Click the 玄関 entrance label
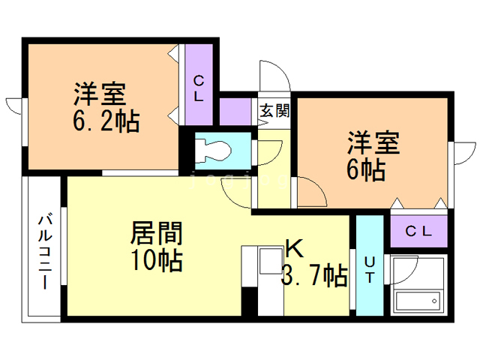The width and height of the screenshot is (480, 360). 274,110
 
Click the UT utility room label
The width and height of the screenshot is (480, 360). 370,268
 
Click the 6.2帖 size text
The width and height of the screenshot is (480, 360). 106,121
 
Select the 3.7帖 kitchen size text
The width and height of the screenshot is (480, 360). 313,275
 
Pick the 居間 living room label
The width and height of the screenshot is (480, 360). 157,233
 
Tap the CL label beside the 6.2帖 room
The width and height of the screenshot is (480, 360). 199,88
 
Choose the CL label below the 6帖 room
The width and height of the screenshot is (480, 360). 419,230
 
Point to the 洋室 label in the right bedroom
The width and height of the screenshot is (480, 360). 372,143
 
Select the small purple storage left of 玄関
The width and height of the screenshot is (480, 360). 234,112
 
